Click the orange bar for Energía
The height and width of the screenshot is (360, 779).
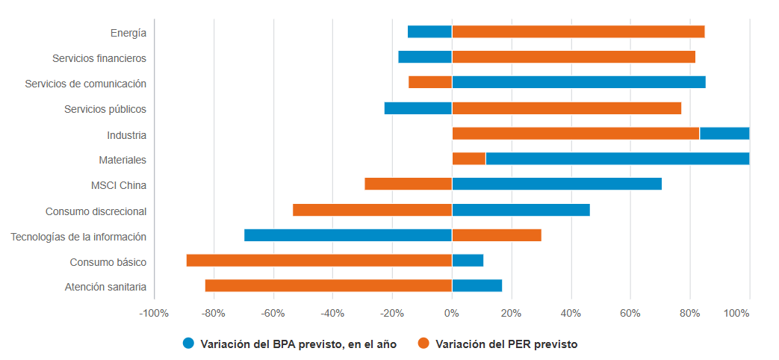tap(578, 31)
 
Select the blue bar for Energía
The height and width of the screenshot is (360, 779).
tap(429, 31)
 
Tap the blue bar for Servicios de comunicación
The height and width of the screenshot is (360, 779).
tap(579, 82)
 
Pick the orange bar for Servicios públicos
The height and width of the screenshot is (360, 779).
tap(566, 108)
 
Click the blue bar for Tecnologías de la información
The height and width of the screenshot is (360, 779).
tap(348, 235)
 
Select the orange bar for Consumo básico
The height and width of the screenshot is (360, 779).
tap(319, 261)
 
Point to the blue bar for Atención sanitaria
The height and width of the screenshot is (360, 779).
tap(477, 285)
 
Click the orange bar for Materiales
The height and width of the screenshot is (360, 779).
tap(469, 158)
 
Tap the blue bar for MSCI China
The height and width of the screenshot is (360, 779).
tap(556, 184)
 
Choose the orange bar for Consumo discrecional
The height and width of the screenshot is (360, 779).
tap(372, 210)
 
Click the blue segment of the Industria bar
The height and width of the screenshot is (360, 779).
tap(724, 134)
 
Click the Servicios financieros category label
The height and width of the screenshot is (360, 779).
tap(99, 58)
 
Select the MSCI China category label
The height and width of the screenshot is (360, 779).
tap(118, 185)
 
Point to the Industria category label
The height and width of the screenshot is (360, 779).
tap(126, 135)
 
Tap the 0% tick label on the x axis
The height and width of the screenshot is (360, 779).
tap(452, 314)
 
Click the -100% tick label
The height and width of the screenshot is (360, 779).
tap(154, 314)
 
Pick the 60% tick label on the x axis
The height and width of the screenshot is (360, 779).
tap(630, 314)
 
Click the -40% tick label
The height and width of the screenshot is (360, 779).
tap(332, 314)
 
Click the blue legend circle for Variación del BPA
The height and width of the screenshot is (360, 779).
tap(188, 344)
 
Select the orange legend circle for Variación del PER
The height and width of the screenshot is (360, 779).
tap(423, 344)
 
